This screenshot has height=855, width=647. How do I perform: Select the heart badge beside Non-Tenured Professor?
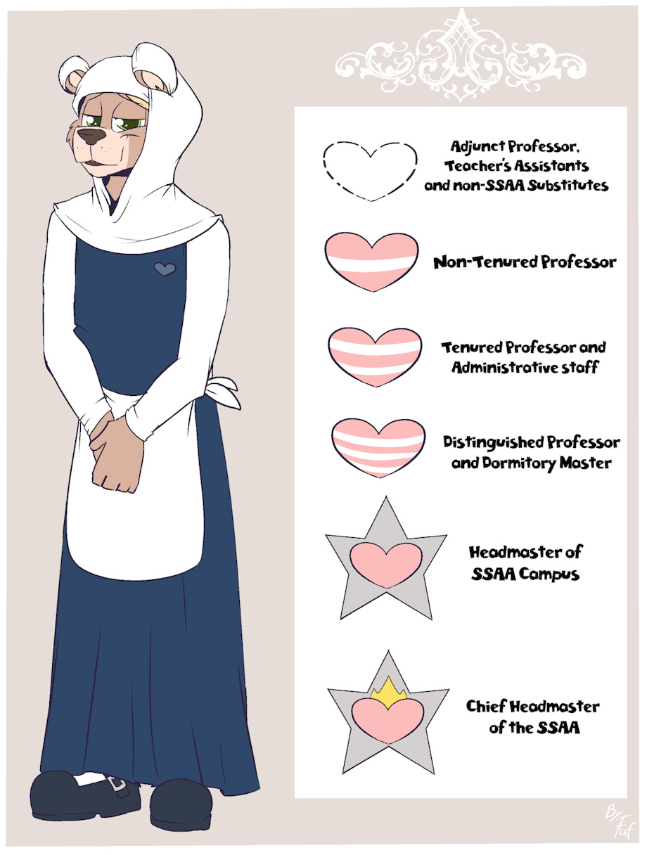coord(371,262)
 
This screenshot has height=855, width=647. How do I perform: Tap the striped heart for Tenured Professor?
coord(375,357)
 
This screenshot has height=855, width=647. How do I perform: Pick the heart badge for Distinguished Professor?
coord(378,449)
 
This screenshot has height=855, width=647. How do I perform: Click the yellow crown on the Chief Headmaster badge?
coord(388,694)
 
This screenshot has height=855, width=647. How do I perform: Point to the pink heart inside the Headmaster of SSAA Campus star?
coord(386,565)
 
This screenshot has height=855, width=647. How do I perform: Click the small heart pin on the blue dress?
coord(165,269)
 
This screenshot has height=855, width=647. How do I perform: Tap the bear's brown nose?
coord(91,136)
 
